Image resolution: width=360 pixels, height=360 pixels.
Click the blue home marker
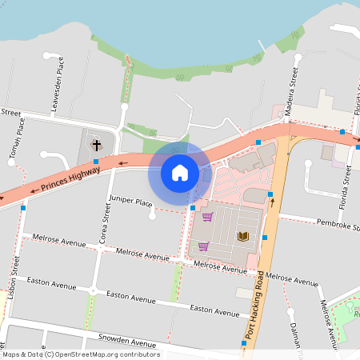(180, 172)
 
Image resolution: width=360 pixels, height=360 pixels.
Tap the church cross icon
(97, 146)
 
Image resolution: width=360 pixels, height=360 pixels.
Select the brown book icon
(243, 236)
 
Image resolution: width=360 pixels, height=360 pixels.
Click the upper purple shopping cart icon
(207, 217)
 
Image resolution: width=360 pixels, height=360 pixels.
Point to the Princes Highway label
(66, 178)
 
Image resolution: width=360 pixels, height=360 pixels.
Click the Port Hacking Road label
(254, 309)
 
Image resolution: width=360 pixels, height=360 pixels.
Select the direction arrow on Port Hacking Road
(272, 202)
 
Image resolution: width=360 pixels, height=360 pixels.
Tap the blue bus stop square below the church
(96, 162)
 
